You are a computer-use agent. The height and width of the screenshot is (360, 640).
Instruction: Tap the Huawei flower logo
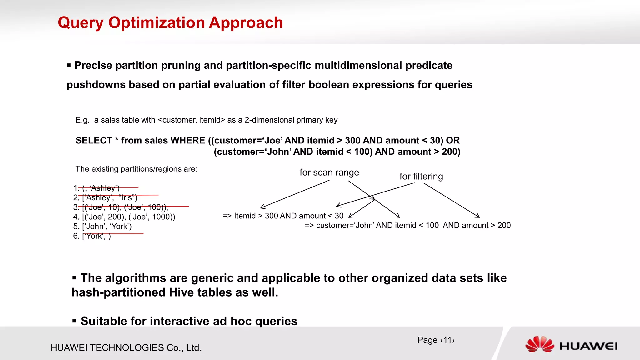click(540, 344)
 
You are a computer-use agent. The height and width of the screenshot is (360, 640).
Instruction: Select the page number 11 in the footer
click(447, 340)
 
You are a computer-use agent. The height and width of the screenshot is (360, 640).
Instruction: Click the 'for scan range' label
click(329, 172)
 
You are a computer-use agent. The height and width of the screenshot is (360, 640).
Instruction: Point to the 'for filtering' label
click(421, 177)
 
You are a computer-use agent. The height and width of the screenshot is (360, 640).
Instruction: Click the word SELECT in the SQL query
click(94, 141)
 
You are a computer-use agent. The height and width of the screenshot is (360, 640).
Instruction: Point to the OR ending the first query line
click(453, 141)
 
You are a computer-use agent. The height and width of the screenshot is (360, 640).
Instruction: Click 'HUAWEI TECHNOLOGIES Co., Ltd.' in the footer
click(126, 348)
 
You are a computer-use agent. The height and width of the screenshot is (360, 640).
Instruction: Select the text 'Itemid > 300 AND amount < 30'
click(288, 216)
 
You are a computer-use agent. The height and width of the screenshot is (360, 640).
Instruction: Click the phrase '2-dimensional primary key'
click(291, 120)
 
